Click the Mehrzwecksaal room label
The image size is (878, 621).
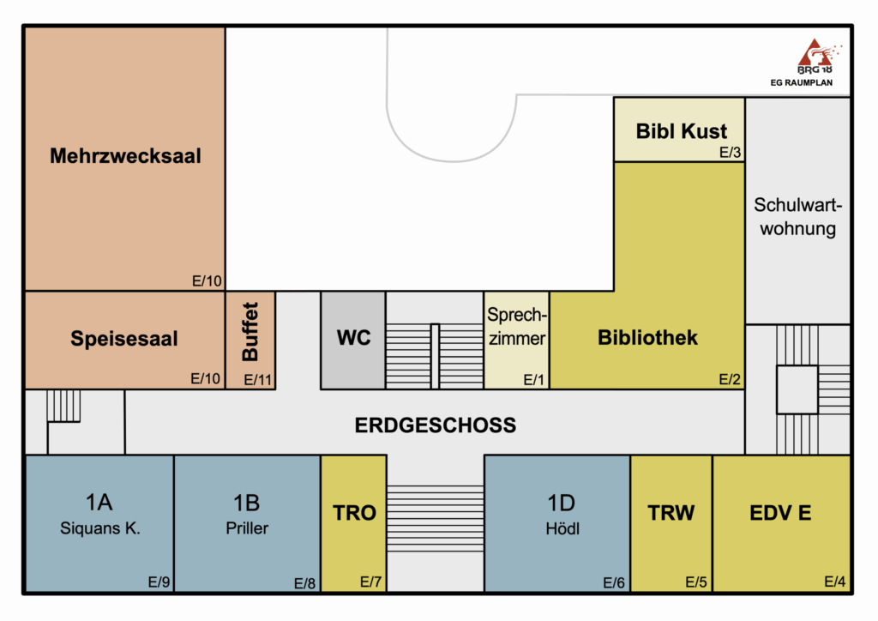(125, 156)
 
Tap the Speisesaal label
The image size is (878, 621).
(124, 339)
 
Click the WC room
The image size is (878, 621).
(353, 338)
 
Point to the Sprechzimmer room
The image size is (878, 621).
(516, 327)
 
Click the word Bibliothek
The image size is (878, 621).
(647, 337)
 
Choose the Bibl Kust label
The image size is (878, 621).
(681, 131)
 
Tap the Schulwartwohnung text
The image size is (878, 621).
(798, 217)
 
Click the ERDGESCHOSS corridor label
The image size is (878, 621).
(436, 425)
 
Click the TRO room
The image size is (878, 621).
(354, 514)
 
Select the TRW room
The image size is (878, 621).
(671, 514)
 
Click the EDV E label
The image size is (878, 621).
(780, 514)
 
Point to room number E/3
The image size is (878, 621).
(730, 153)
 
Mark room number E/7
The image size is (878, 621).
(370, 582)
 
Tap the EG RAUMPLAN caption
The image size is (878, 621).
(800, 83)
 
